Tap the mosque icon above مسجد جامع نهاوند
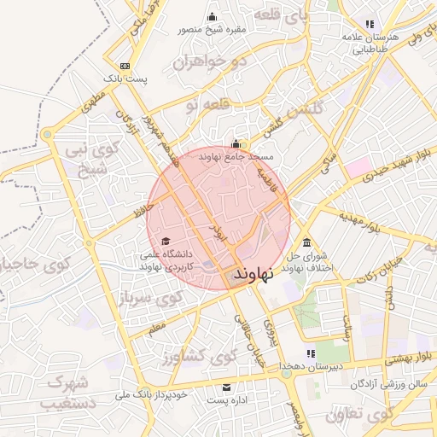point(236,143)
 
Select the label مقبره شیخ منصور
point(212,30)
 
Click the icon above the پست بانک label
point(126,66)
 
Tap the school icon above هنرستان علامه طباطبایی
point(369,24)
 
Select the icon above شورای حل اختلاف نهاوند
point(306,242)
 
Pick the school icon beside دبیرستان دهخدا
point(311,353)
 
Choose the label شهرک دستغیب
point(67,390)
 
